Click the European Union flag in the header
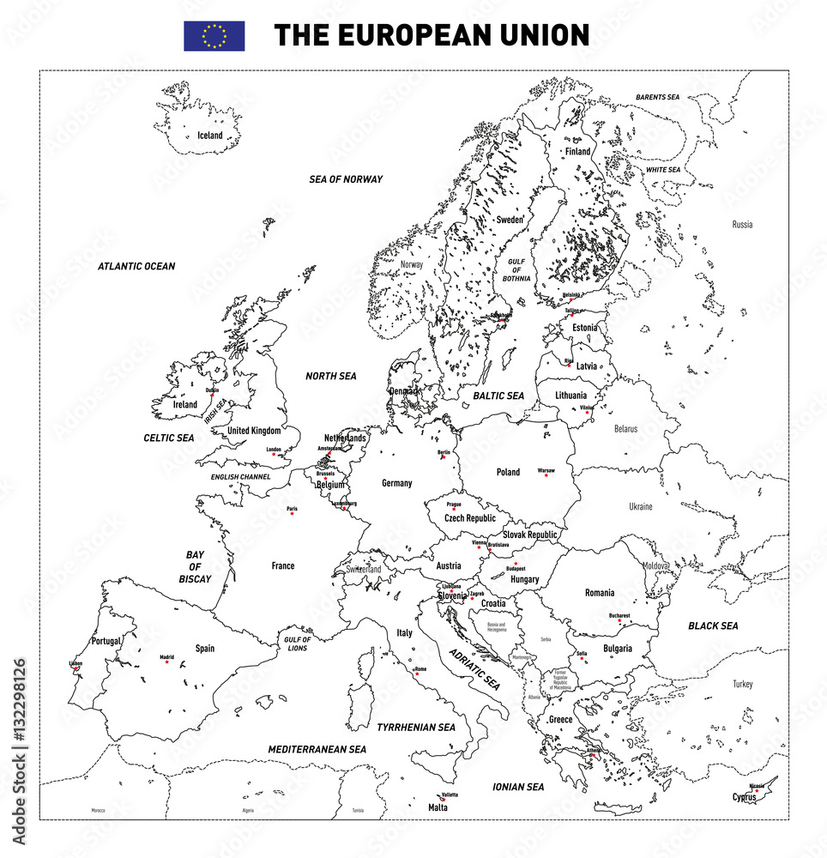tap(214, 36)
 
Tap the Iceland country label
tap(210, 136)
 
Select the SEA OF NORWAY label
tap(346, 179)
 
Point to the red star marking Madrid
tap(166, 662)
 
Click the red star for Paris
tap(292, 513)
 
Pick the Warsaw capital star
tap(546, 475)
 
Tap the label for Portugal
tap(106, 641)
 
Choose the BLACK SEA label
tap(713, 626)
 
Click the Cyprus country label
tap(744, 797)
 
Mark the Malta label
tap(438, 807)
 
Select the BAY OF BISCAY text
tap(195, 567)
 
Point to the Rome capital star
tap(417, 674)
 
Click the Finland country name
tap(577, 152)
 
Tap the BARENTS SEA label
tap(657, 98)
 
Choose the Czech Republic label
tap(469, 518)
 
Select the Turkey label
tap(742, 684)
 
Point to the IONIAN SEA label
tap(518, 787)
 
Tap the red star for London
tap(274, 454)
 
